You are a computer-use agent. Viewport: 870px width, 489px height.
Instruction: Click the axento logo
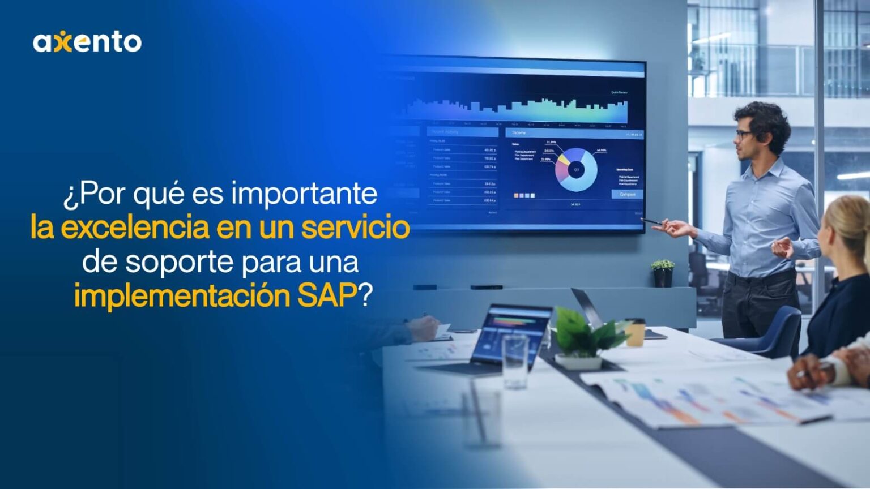point(87,42)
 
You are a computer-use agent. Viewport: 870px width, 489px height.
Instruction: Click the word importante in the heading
point(304,194)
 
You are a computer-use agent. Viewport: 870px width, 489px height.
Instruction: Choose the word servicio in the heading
point(355,228)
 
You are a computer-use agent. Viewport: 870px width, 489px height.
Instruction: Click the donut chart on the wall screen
point(576,169)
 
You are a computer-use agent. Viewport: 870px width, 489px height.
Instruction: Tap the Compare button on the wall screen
point(627,194)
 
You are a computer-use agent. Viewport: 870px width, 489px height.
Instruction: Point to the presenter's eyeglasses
point(743,135)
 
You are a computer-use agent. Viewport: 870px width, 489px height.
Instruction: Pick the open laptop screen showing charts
point(512,334)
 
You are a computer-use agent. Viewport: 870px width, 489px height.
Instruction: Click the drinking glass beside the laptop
point(515,362)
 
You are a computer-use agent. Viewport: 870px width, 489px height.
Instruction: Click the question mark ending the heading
point(366,295)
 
